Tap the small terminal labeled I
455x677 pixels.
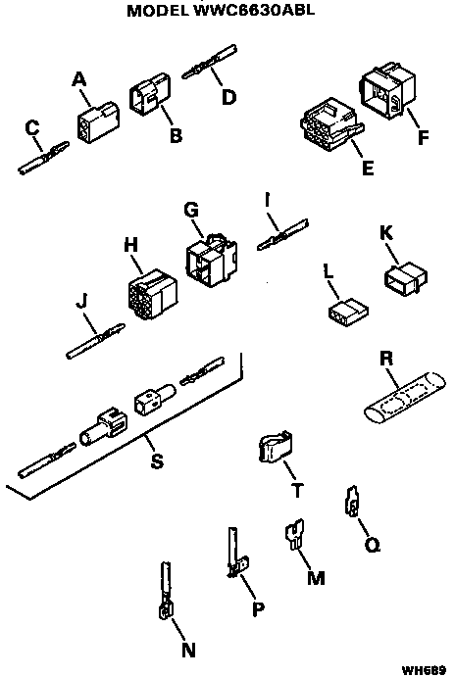279,238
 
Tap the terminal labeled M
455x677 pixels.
293,538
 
